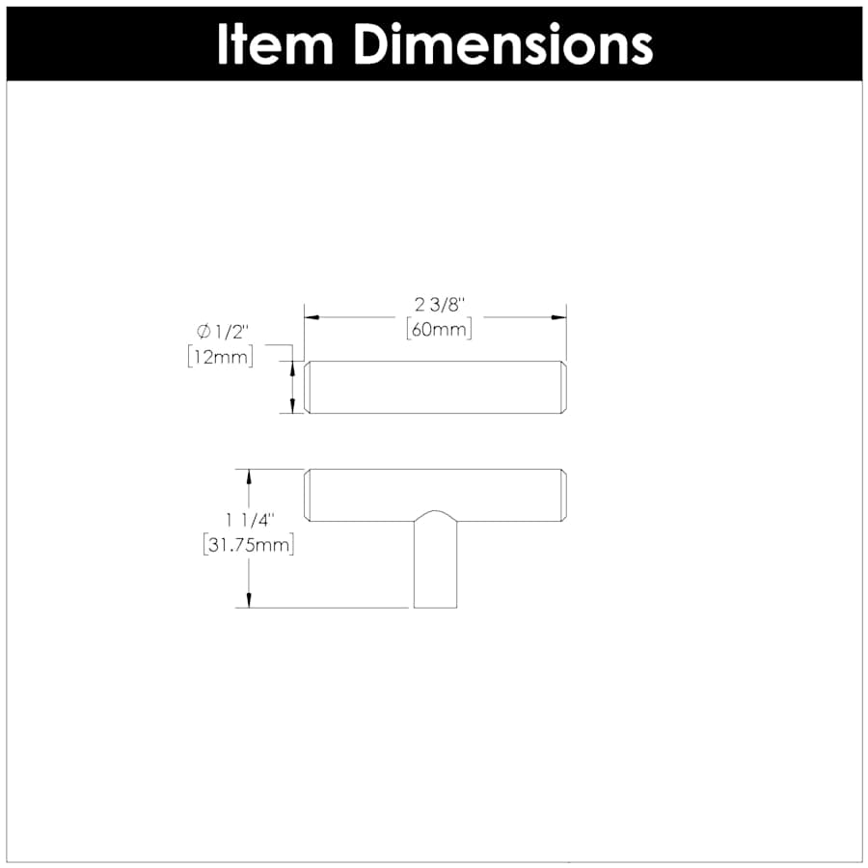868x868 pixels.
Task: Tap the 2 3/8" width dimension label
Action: pyautogui.click(x=434, y=305)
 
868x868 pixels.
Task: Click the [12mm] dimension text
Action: pyautogui.click(x=220, y=358)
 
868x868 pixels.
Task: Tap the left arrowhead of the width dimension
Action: pyautogui.click(x=312, y=315)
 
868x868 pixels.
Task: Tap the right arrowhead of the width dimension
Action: pyautogui.click(x=558, y=315)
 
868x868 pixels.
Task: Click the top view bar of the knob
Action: pyautogui.click(x=435, y=387)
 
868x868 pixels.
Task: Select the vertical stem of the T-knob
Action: pyautogui.click(x=435, y=569)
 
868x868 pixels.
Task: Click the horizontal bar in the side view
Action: pyautogui.click(x=435, y=495)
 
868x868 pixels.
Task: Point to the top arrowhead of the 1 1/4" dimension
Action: pyautogui.click(x=250, y=475)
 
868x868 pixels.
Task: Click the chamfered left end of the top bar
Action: pyautogui.click(x=309, y=387)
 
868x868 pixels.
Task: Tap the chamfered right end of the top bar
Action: pyautogui.click(x=561, y=387)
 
